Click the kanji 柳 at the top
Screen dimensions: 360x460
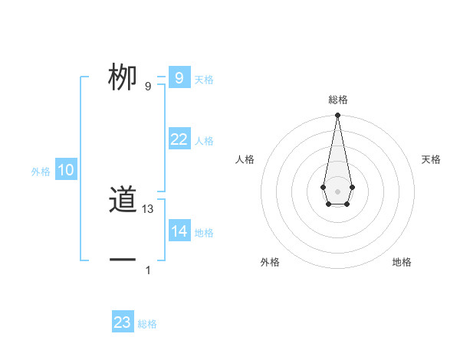tap(123, 78)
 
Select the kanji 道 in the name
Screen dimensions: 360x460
tap(123, 201)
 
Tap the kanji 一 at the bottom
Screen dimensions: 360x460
tap(123, 260)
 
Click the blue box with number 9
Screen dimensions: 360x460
tap(179, 78)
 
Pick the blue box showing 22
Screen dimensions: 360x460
tap(179, 139)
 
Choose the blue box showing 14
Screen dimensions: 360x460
tap(179, 231)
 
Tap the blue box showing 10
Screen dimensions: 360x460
tap(66, 171)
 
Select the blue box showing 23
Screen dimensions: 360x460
tap(123, 322)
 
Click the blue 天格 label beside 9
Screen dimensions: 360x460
tap(204, 80)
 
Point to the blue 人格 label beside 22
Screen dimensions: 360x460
tap(204, 141)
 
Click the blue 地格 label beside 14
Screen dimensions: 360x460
tap(204, 233)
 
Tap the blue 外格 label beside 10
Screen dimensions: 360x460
tap(41, 172)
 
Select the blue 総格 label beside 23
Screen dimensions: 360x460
tap(147, 324)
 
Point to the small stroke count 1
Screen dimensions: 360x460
tap(148, 270)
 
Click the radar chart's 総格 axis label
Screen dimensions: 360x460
tap(337, 100)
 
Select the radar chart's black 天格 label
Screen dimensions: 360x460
tap(431, 159)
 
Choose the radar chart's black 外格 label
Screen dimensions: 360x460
tap(270, 262)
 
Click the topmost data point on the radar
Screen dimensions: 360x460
tap(337, 116)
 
